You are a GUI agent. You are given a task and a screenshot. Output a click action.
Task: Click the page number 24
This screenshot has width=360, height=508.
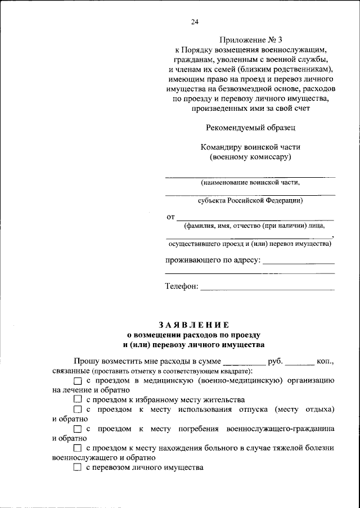[x=195, y=22]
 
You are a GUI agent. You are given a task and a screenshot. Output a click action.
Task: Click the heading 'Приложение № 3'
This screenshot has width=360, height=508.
[x=250, y=40]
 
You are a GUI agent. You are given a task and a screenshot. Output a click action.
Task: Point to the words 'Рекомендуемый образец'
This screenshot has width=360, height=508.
[x=250, y=128]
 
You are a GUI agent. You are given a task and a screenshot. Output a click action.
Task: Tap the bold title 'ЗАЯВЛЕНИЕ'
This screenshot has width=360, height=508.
[x=193, y=325]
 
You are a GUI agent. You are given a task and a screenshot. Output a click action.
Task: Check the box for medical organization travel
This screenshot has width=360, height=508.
[x=78, y=381]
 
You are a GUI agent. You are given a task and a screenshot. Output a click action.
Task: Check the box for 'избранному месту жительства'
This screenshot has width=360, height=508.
[x=78, y=399]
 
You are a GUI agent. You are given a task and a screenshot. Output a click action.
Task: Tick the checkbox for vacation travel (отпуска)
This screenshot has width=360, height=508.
[x=78, y=410]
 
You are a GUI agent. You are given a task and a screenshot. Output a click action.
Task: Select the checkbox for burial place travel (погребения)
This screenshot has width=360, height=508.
[x=78, y=429]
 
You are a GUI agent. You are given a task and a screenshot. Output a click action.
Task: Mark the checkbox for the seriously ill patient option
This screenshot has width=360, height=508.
[x=78, y=448]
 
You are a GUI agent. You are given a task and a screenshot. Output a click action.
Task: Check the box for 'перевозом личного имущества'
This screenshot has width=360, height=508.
[x=78, y=467]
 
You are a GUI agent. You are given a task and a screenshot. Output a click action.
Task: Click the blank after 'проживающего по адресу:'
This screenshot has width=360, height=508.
[x=298, y=263]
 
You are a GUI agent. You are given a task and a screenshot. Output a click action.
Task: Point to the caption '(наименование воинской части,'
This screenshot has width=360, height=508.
[x=250, y=182]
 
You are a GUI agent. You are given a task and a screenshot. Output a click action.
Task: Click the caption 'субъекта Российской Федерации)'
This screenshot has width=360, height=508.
[x=250, y=200]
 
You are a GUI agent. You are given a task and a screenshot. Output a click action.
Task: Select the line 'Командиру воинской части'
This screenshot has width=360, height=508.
[x=250, y=147]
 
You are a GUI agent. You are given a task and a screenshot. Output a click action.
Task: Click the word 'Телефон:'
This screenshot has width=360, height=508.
[x=181, y=286]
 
